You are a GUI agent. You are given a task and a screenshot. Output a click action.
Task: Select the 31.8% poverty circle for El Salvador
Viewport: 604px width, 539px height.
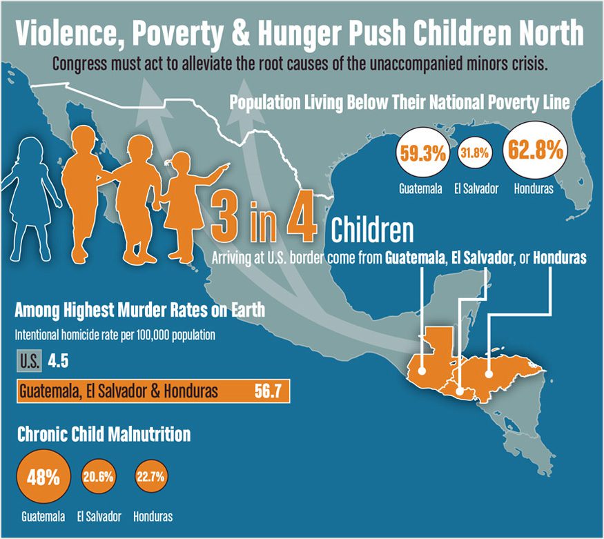476,154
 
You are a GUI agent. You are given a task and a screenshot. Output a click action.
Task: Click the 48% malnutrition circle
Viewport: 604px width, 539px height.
43,476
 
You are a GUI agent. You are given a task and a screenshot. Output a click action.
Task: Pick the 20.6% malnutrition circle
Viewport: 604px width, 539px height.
98,476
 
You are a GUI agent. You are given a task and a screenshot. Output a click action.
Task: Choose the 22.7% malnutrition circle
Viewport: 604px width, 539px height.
153,476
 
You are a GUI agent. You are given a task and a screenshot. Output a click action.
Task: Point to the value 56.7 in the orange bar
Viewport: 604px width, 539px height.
267,392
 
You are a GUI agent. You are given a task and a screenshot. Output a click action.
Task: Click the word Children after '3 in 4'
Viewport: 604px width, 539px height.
372,231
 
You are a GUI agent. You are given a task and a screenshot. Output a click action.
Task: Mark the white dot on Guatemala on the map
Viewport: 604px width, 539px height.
422,368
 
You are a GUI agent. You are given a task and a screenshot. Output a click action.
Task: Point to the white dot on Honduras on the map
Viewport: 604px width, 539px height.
488,375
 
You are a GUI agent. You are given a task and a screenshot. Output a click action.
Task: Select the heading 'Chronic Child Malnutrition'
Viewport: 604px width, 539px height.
103,435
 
